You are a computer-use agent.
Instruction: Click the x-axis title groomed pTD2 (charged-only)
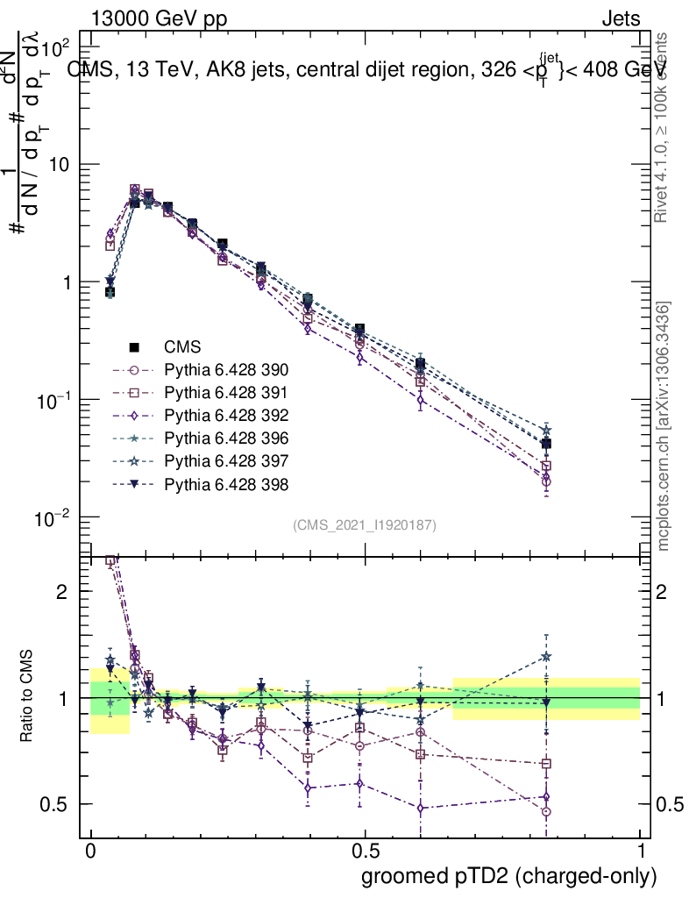click(x=508, y=876)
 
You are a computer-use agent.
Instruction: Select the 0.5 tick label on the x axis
click(x=365, y=852)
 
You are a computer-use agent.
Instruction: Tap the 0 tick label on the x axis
click(x=90, y=852)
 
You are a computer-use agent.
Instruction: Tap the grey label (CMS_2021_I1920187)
click(x=364, y=524)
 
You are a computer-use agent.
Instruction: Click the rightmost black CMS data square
click(x=546, y=444)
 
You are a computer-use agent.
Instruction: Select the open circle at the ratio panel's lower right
click(x=546, y=812)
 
